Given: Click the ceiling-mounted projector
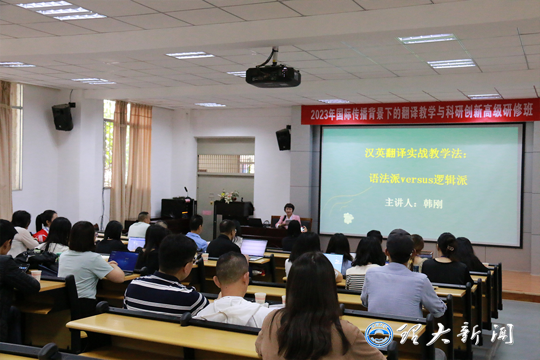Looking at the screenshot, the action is pos(273,76).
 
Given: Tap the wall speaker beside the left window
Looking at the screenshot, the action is pos(63,117).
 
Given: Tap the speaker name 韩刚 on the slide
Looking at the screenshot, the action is pos(433,203).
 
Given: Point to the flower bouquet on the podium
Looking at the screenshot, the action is pos(228,196).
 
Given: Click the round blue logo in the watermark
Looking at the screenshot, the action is pos(379,334).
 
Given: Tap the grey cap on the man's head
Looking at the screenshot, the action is pos(400,237).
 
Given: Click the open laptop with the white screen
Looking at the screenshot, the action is pos(254,249).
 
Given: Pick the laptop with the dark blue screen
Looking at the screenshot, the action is pos(124,261).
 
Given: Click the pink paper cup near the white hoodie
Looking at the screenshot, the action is pos(260,298).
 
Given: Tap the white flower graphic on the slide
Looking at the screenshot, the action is pos(348,218).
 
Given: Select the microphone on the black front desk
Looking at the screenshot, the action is pos(186,192).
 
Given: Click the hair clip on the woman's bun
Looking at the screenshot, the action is pos(450,248).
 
